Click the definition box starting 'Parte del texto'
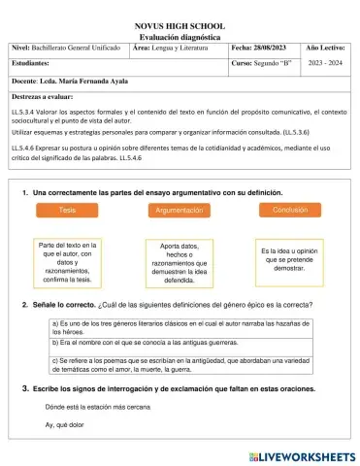(x=67, y=262)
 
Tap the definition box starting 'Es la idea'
(x=290, y=257)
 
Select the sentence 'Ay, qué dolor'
(x=65, y=425)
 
